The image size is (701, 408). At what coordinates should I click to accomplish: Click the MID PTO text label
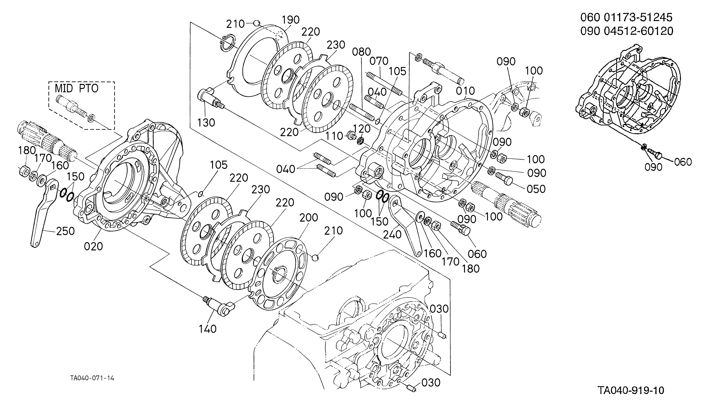[77, 88]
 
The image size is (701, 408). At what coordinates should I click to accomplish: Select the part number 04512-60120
[638, 31]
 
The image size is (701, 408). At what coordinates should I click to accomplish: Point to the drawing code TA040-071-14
[92, 378]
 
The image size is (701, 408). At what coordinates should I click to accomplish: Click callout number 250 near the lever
[65, 231]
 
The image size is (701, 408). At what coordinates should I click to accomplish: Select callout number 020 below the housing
[93, 246]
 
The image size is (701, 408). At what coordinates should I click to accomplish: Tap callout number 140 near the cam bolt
[207, 329]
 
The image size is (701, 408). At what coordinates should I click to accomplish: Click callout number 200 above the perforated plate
[309, 218]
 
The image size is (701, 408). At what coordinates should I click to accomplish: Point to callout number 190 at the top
[291, 20]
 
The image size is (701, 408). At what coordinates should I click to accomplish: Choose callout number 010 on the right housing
[465, 91]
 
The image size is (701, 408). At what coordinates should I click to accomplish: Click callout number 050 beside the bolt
[536, 189]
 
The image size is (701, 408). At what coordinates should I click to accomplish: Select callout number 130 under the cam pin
[206, 122]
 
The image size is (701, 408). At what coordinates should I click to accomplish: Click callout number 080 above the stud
[361, 52]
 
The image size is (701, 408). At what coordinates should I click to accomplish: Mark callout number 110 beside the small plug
[334, 136]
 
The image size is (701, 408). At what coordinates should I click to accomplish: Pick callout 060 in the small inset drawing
[683, 162]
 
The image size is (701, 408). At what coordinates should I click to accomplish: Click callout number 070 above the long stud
[379, 61]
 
